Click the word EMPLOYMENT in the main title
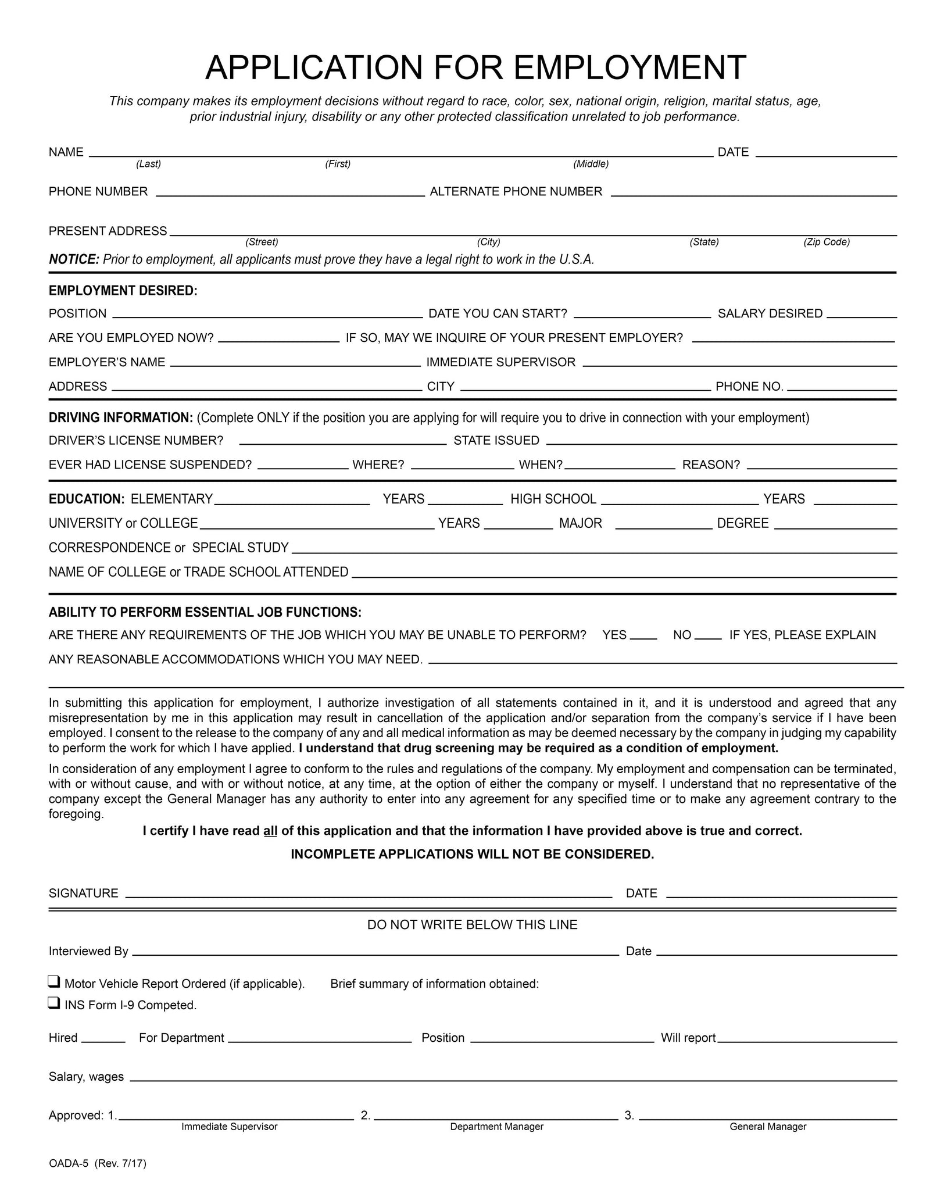(629, 67)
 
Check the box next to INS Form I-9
(53, 1003)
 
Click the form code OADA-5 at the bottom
(69, 1163)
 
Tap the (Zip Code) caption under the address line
(827, 242)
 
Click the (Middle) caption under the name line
(591, 164)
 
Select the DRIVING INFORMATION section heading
(120, 417)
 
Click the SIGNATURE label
(84, 894)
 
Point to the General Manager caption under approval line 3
(768, 1127)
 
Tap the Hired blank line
(103, 1041)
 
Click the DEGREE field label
(742, 523)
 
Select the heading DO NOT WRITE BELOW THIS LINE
(472, 925)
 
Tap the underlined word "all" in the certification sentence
(270, 831)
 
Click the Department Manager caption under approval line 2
(496, 1127)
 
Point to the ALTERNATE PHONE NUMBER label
(516, 192)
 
